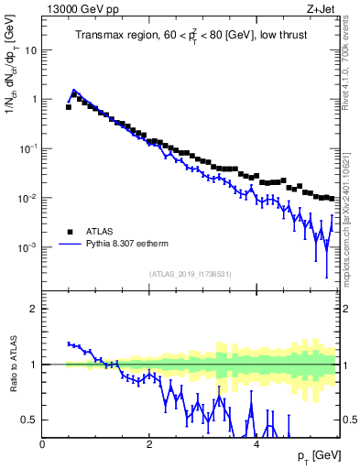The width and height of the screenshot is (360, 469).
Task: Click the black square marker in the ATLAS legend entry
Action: [69, 232]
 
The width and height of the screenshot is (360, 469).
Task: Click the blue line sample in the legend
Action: [69, 245]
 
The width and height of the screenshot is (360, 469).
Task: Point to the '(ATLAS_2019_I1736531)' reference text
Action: [191, 274]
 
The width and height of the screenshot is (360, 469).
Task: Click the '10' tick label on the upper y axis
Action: [31, 49]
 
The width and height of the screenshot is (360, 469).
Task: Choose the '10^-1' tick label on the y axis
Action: [28, 148]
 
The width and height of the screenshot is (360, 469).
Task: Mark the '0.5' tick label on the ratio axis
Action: [31, 420]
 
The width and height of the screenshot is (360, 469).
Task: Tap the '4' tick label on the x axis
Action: [256, 443]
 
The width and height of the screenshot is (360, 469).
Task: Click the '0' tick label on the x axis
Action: [43, 443]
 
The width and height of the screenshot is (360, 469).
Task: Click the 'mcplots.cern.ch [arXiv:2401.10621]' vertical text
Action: [351, 211]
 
